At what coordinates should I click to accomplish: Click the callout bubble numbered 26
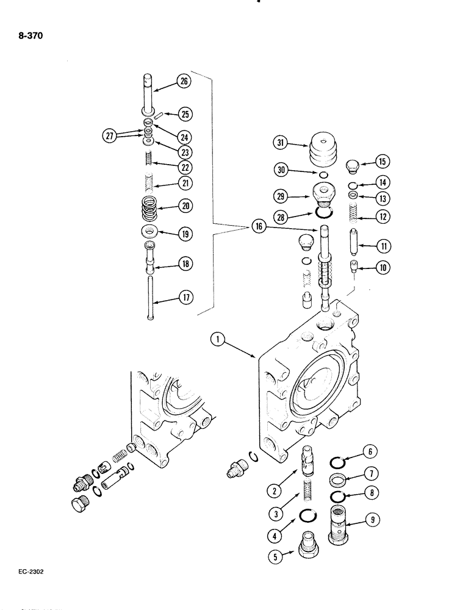tap(183, 82)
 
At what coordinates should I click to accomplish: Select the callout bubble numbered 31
tap(279, 144)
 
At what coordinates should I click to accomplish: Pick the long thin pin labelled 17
tap(149, 297)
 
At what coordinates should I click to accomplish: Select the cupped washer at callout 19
tap(149, 232)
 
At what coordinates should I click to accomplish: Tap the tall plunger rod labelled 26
tap(149, 93)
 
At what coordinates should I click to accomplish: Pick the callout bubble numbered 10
tap(383, 267)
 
